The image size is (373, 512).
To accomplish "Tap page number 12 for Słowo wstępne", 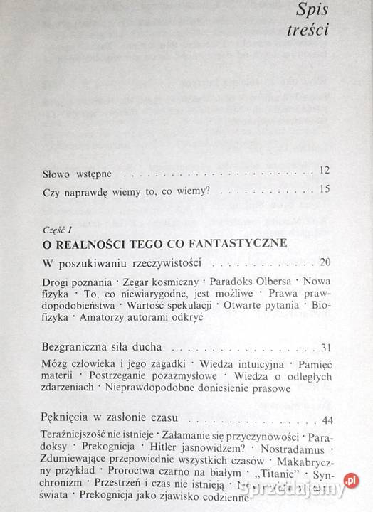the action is coord(325,171).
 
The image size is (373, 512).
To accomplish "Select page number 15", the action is coord(325,189).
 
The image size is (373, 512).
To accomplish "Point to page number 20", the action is coord(325,262).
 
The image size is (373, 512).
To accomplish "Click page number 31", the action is coord(326,348).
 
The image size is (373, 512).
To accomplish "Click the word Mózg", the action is coord(56,364).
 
